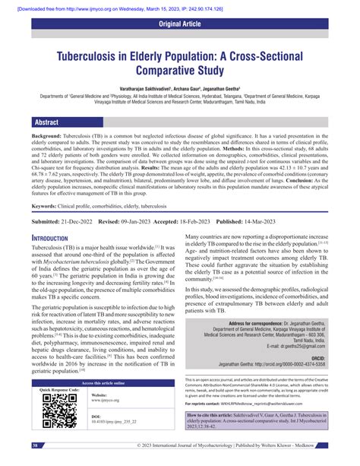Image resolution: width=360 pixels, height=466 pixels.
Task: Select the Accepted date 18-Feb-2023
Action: pos(188,220)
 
